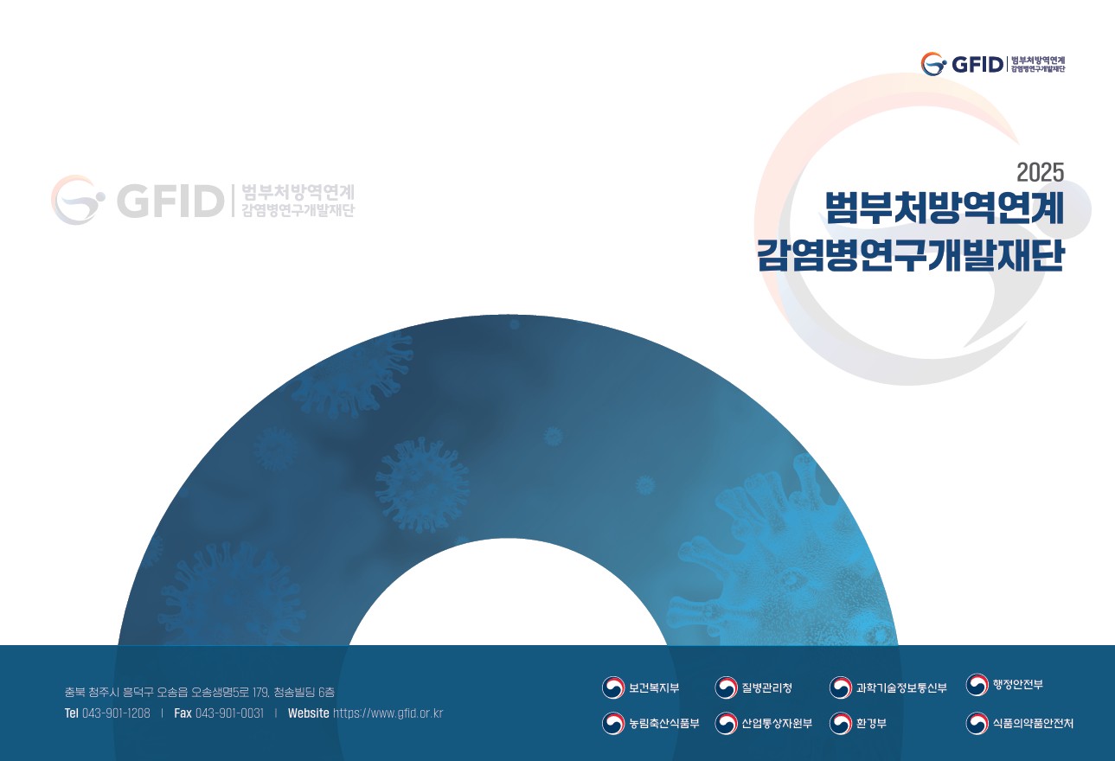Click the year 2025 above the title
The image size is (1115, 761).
click(x=1040, y=173)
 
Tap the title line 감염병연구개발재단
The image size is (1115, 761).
click(x=910, y=255)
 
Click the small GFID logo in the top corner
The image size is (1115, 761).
click(x=993, y=64)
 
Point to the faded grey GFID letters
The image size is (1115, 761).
click(x=170, y=201)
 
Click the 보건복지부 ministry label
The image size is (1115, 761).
click(x=654, y=687)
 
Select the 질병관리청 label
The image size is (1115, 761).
click(x=766, y=687)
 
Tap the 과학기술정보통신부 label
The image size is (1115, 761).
click(x=901, y=687)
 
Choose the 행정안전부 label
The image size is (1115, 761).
click(x=1017, y=684)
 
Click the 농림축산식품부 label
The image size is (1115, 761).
click(x=664, y=723)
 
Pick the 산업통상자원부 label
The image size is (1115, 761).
click(x=777, y=723)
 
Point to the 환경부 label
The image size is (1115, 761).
click(x=871, y=723)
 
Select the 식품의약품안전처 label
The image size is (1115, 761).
click(x=1033, y=723)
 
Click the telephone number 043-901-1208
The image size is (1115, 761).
click(x=116, y=713)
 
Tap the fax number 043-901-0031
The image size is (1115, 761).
click(x=229, y=713)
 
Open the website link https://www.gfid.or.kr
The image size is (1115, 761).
click(x=388, y=713)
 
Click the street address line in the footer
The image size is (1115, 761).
click(x=200, y=692)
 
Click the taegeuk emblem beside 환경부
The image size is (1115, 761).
click(x=841, y=724)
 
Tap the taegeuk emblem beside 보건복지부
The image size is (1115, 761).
click(x=613, y=687)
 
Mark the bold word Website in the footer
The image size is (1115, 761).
click(x=309, y=713)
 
